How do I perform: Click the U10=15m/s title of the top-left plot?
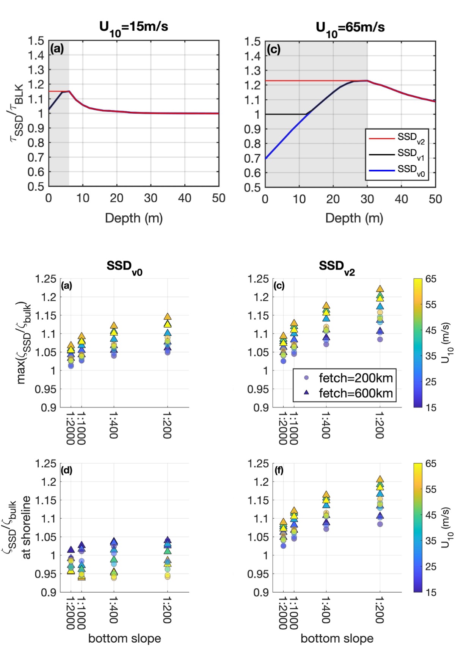(x=133, y=27)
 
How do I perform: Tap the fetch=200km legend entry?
(x=356, y=378)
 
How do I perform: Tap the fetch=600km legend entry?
(x=356, y=393)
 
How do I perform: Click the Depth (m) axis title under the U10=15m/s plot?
(x=133, y=218)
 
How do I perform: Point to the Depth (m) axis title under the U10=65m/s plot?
(x=354, y=218)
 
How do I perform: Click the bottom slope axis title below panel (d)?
(x=124, y=638)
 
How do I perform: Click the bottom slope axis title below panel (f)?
(x=337, y=638)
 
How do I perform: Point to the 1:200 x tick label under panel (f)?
(x=380, y=610)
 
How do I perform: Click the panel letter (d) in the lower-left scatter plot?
(x=66, y=470)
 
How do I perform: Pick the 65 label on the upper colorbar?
(x=431, y=279)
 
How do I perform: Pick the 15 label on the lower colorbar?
(x=431, y=592)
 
